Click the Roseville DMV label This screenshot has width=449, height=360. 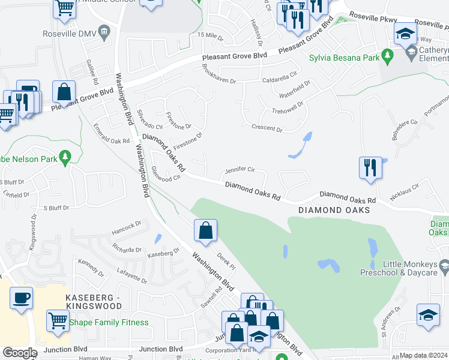70,33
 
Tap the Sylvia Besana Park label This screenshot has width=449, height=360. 344,58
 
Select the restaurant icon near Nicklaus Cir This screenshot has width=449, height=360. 370,167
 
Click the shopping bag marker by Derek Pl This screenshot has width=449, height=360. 205,231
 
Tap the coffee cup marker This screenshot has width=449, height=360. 22,298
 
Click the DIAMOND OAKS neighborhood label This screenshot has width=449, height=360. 333,211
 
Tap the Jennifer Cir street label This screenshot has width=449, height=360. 240,170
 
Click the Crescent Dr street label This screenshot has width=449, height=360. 267,128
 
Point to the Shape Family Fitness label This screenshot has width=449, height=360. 109,322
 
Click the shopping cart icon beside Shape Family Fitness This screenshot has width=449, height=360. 58,320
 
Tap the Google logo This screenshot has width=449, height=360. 20,353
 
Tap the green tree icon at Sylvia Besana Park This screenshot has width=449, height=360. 388,57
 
